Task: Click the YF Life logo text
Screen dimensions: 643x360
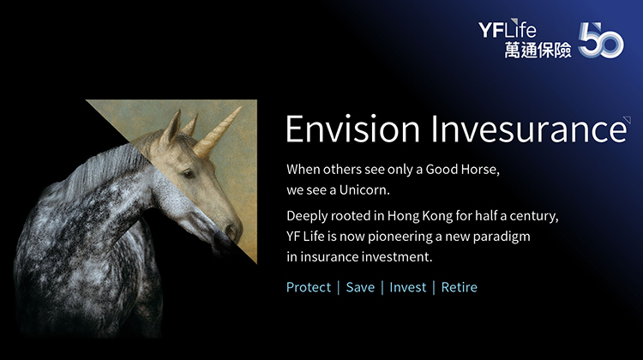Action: [x=508, y=28]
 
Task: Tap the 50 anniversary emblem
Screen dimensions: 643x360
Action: [x=601, y=39]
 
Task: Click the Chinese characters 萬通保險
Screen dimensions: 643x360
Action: [x=538, y=50]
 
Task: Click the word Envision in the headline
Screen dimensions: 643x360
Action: [x=352, y=129]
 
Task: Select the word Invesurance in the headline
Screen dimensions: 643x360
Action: [x=529, y=129]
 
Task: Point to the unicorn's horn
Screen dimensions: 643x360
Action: [x=218, y=131]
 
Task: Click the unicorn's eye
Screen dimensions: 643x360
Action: [x=189, y=174]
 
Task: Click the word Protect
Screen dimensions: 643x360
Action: [x=309, y=287]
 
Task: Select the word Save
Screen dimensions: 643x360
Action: [x=360, y=287]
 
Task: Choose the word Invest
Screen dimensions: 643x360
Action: [x=407, y=287]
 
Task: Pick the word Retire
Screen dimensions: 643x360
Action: [x=459, y=287]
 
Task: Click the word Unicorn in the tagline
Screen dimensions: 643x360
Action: [x=364, y=190]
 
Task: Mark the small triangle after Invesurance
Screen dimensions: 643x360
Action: [x=628, y=119]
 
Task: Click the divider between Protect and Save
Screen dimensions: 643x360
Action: [x=339, y=287]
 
